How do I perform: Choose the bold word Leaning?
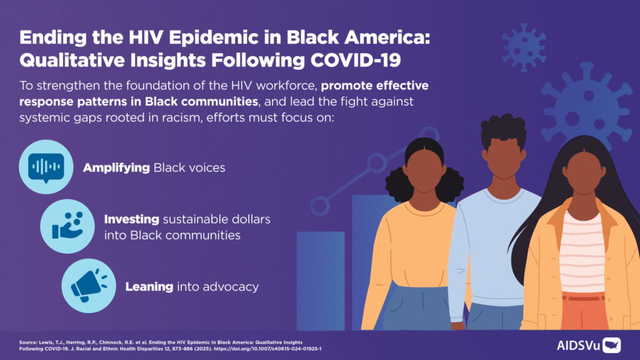149,287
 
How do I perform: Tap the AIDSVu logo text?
577,344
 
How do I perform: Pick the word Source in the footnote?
29,342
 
